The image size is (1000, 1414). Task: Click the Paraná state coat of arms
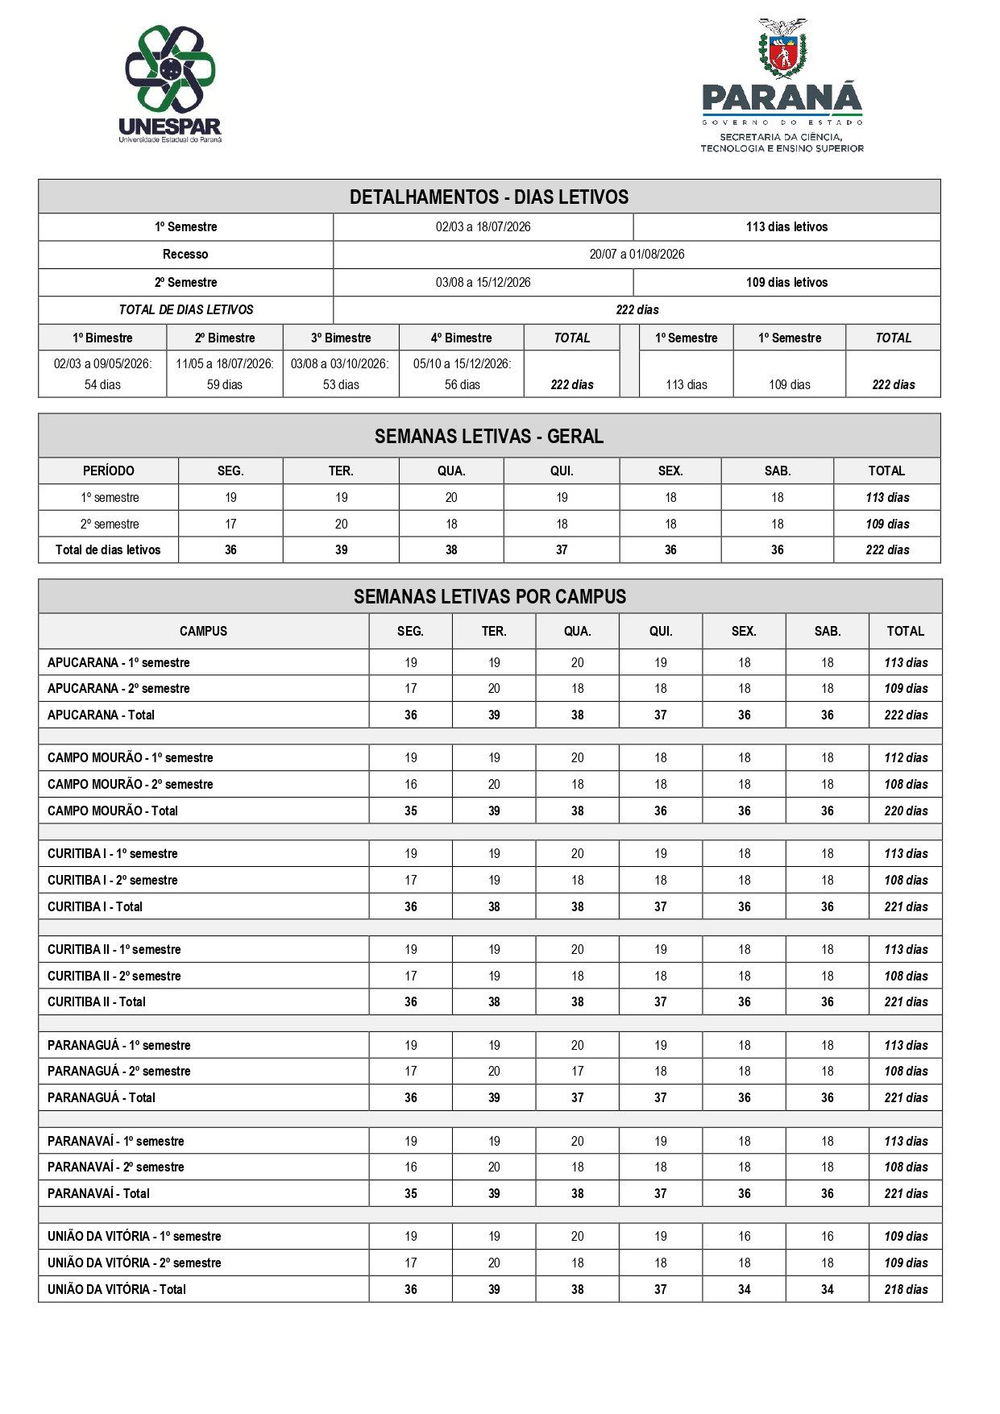coord(782,49)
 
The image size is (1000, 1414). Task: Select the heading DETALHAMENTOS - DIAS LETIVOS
coord(489,197)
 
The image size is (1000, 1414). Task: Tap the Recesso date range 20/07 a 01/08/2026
coord(637,255)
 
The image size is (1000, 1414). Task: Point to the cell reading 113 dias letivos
coord(786,227)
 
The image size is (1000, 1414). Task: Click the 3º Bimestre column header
coord(341,338)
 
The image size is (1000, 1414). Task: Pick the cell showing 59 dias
coord(225,385)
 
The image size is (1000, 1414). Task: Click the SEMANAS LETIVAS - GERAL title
coord(489,437)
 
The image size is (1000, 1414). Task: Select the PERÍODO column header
coord(109,471)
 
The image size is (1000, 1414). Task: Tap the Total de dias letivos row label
coord(108,550)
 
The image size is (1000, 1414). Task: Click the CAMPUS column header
coord(203,632)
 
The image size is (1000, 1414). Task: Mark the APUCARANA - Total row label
coord(101,715)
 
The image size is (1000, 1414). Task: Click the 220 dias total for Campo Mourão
coord(906,811)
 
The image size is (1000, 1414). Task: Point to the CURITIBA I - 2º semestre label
coord(113,881)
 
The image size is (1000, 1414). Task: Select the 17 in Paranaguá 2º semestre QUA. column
coord(578,1072)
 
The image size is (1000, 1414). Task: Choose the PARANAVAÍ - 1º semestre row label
coord(116,1142)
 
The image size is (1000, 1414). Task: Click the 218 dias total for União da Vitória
coord(906,1290)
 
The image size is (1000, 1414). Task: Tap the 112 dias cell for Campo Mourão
coord(906,758)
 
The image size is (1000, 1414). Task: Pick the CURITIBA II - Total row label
coord(97,1002)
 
